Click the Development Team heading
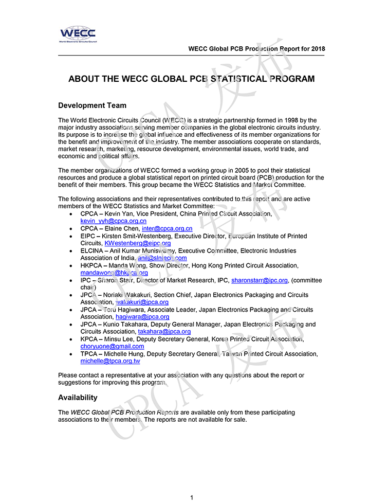(92, 105)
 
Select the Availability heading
(78, 398)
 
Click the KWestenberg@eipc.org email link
(137, 243)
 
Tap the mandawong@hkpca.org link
(114, 273)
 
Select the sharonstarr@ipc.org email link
(259, 280)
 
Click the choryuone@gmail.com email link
(112, 347)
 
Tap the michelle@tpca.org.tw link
(110, 361)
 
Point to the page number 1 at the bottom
(191, 497)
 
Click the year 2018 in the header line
(317, 49)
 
